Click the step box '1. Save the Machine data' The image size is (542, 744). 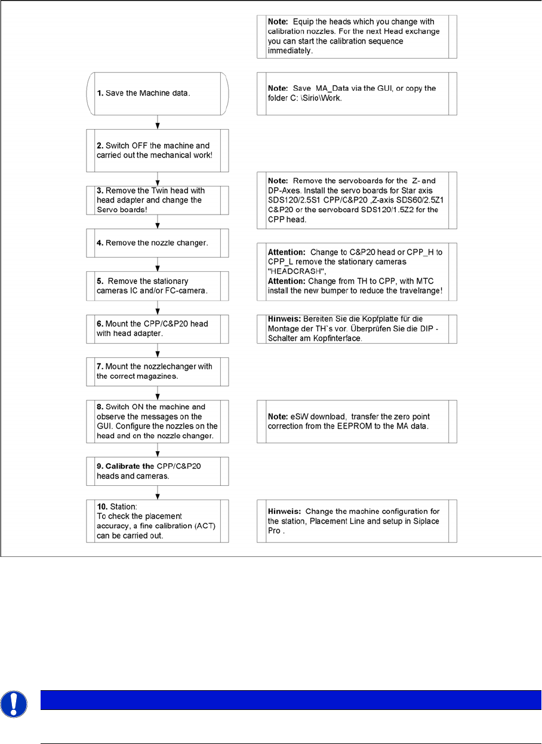pos(158,94)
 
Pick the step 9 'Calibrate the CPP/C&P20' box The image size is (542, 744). pos(158,470)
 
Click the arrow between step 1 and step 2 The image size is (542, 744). pos(158,123)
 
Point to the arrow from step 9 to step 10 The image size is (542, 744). pos(158,492)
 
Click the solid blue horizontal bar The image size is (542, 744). pos(291,700)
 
